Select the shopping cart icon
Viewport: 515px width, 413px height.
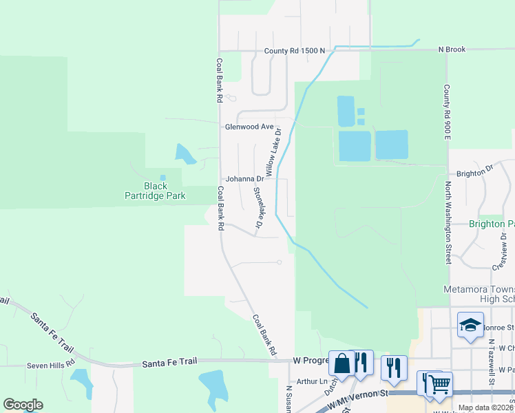click(439, 383)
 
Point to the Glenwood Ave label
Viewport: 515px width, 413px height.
click(249, 127)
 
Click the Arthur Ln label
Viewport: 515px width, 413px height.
click(313, 381)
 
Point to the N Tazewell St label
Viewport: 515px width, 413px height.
click(492, 361)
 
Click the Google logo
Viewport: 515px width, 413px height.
click(23, 405)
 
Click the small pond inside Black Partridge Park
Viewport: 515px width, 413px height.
click(163, 177)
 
